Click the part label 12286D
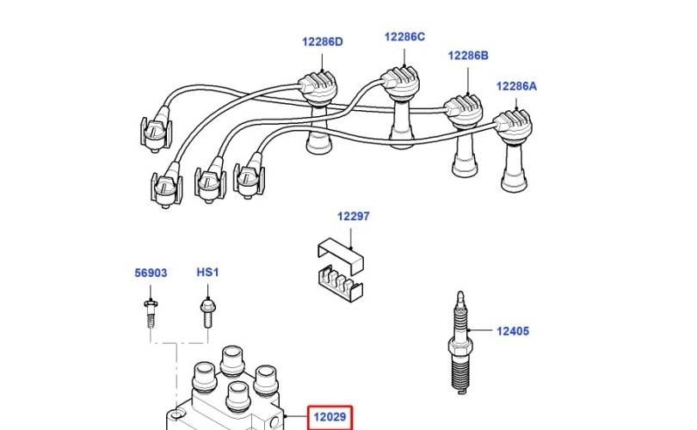tap(323, 42)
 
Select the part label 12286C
tap(404, 37)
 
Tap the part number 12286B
tap(468, 56)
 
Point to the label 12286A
tap(516, 86)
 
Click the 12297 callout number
tap(354, 217)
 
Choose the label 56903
tap(151, 273)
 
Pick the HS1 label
tap(207, 272)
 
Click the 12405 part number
tap(513, 331)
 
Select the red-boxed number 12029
tap(330, 417)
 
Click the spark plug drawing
tap(460, 342)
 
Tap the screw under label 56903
tap(151, 314)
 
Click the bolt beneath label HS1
tap(207, 313)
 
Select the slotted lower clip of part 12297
tap(341, 283)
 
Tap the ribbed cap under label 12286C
tap(400, 83)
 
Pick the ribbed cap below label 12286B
tap(463, 112)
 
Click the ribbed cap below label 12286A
tap(513, 126)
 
